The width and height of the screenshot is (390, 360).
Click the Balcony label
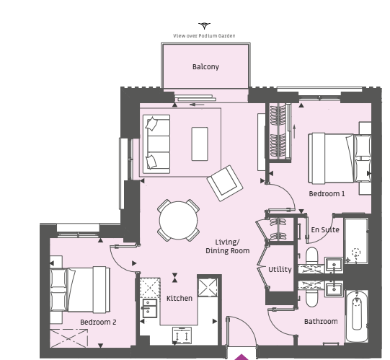tap(205, 66)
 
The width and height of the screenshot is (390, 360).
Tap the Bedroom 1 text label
tap(327, 193)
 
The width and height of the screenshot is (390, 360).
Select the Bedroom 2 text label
tap(98, 322)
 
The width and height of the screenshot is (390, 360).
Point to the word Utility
tap(280, 270)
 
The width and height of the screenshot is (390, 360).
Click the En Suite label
tap(325, 229)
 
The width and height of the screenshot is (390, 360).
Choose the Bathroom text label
tap(321, 322)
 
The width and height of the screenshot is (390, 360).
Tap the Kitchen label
tap(180, 298)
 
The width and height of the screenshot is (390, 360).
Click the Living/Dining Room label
tap(228, 247)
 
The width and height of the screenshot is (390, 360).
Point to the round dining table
tap(178, 220)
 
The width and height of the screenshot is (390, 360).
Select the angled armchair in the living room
tap(225, 183)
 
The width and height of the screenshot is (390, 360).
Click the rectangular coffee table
tap(200, 144)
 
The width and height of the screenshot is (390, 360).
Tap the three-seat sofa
tap(156, 144)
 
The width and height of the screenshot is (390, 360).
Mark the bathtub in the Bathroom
tap(357, 316)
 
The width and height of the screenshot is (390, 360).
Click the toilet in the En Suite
tap(311, 255)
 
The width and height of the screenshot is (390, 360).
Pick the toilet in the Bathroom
tap(311, 299)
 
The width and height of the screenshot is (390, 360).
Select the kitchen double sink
tap(149, 309)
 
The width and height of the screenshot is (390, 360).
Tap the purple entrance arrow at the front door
tap(241, 357)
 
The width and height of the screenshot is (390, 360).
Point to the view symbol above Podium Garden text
tap(204, 26)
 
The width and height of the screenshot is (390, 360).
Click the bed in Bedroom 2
tap(80, 289)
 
